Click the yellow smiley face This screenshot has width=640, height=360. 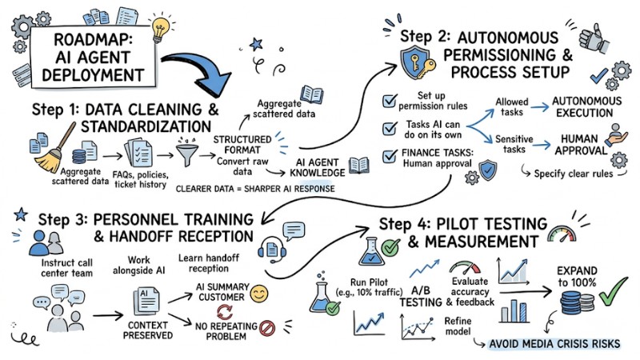258,293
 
